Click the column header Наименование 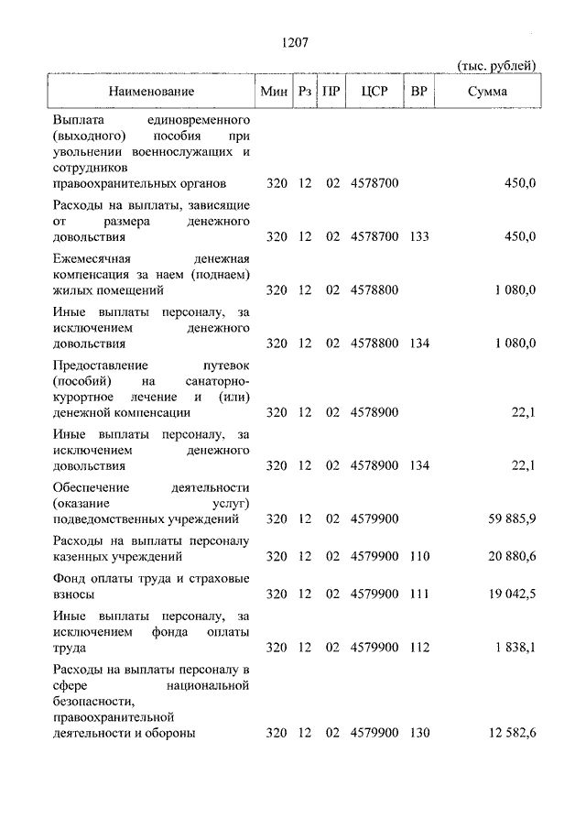152,92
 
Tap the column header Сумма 487,92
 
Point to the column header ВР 419,92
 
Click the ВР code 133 419,237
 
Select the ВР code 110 419,556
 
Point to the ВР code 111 419,594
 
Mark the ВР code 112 419,648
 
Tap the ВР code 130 419,733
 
